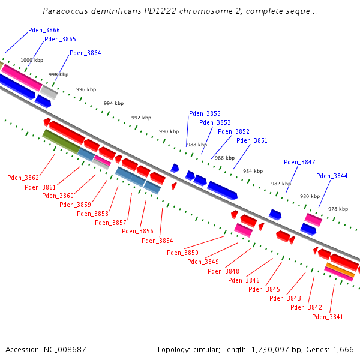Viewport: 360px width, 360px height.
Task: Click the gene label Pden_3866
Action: [x=44, y=30]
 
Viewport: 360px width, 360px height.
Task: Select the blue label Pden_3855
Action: [x=205, y=113]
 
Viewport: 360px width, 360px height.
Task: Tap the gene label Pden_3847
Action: [x=299, y=162]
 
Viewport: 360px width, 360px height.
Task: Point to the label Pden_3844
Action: [x=332, y=176]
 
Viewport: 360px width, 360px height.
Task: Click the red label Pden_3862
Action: [x=23, y=178]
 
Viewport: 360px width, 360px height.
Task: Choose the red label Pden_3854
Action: [x=157, y=241]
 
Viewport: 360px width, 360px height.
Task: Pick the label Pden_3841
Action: [x=328, y=317]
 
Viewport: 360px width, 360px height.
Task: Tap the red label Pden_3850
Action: [x=182, y=253]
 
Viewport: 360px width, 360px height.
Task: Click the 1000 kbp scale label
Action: [x=32, y=60]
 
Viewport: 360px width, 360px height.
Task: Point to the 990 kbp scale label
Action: [x=169, y=131]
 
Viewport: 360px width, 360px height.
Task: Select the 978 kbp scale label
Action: [x=338, y=209]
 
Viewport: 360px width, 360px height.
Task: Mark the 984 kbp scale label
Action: [x=253, y=171]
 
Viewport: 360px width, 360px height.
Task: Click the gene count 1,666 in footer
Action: [x=343, y=349]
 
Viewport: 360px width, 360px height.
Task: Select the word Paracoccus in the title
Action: [x=65, y=11]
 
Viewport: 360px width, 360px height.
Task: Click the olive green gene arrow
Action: [x=61, y=141]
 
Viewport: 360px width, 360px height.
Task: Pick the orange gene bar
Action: [x=340, y=270]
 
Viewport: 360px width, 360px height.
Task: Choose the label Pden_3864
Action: [x=85, y=53]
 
